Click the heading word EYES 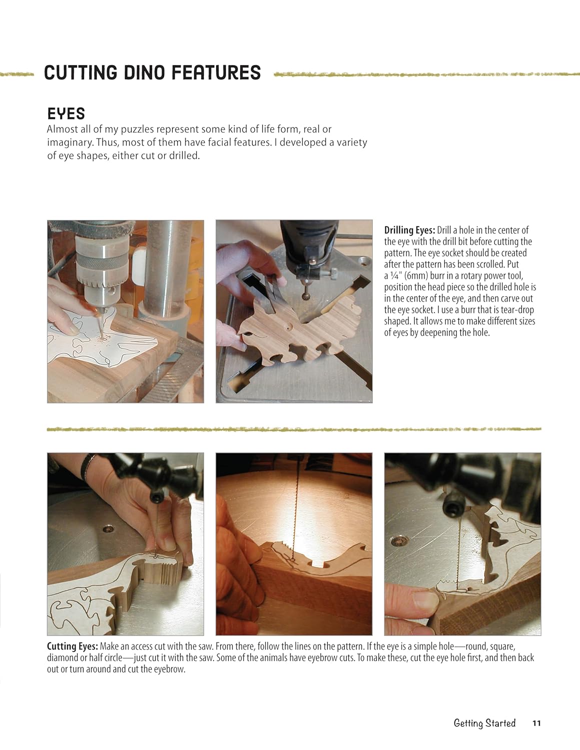pos(66,113)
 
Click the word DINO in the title pos(137,73)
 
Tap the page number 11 pos(536,723)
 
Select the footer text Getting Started pos(484,723)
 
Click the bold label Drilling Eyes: pos(410,230)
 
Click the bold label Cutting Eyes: pos(73,646)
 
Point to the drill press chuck pos(101,272)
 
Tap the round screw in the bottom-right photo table pos(398,540)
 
